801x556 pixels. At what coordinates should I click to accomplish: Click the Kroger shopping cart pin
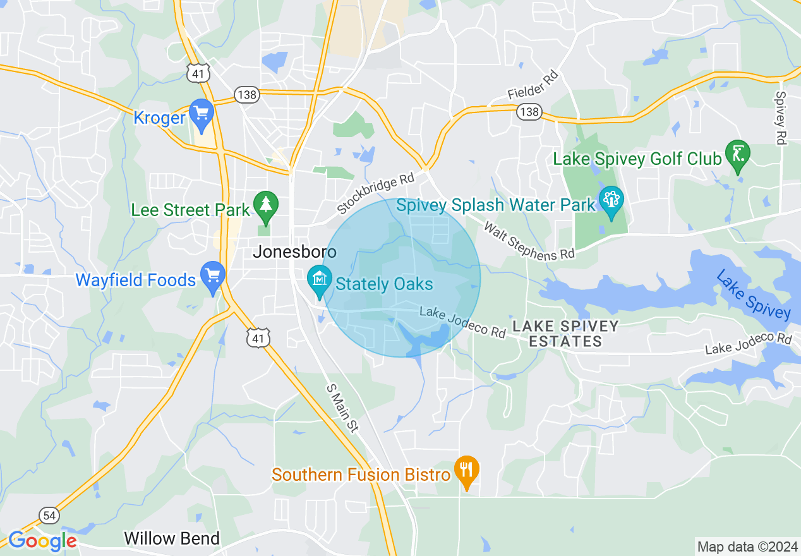202,114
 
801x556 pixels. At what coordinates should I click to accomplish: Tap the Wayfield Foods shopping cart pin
213,277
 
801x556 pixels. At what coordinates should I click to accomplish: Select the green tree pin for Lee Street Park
266,206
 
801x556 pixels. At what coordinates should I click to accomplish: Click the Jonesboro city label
294,251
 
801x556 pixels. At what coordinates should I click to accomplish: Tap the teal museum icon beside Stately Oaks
320,280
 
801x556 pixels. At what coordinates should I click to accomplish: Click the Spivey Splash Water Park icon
611,202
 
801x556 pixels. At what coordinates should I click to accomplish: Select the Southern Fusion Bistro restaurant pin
466,471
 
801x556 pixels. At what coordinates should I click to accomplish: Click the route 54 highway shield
49,515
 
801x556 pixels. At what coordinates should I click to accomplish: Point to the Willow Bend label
172,538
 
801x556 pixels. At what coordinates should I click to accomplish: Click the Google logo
42,541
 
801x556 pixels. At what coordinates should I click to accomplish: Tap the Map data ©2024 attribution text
747,547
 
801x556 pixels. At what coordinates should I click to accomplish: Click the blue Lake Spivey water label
753,294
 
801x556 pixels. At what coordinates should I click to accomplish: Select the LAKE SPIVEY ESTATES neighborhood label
565,334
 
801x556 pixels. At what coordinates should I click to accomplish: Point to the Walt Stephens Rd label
529,241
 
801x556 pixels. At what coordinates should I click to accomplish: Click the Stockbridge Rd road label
375,195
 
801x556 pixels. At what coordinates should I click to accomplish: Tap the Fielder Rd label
534,85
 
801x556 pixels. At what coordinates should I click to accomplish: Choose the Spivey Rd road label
781,118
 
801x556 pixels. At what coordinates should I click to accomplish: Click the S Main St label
342,409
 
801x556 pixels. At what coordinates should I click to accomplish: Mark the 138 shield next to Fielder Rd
529,112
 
